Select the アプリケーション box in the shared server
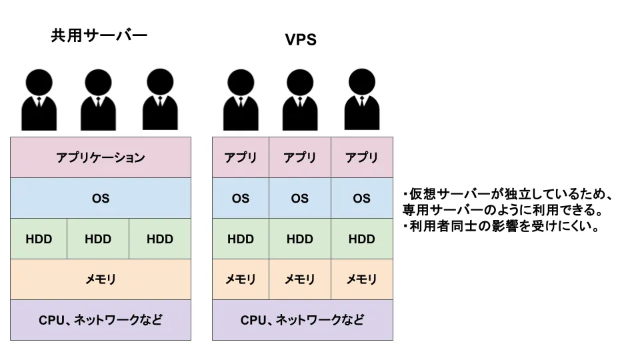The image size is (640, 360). coord(101,157)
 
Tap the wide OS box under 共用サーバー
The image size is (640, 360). coord(101,198)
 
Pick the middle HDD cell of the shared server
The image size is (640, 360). coord(98,239)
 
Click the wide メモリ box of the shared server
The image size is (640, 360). coord(101,279)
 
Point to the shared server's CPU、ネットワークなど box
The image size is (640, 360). coord(101,320)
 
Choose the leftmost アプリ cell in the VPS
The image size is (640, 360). coord(241,157)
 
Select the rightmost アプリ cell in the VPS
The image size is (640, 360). coord(362,157)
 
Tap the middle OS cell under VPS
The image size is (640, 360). coord(300,198)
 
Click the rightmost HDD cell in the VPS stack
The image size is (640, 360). coord(362,239)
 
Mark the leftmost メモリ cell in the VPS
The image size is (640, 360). coord(241,279)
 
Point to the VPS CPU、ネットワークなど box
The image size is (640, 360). coord(303,320)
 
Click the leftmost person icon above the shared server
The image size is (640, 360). coord(39,100)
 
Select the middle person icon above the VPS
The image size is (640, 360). coord(300,100)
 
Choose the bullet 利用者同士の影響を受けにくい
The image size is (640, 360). coord(500,227)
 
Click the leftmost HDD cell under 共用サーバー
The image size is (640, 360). coord(39,239)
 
